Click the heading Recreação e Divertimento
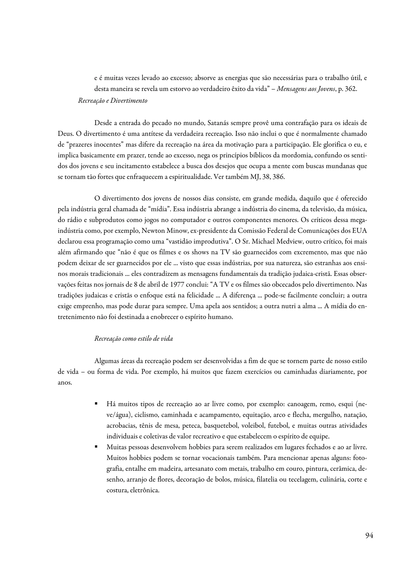pyautogui.click(x=113, y=101)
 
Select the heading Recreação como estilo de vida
pyautogui.click(x=134, y=339)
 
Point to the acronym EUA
pyautogui.click(x=359, y=231)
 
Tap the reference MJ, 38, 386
pyautogui.click(x=267, y=177)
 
